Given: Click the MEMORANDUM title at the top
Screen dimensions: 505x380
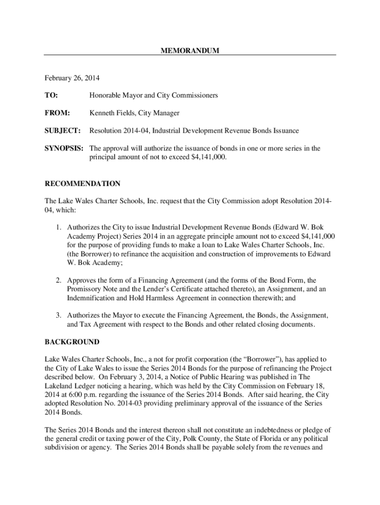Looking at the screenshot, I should pyautogui.click(x=190, y=51).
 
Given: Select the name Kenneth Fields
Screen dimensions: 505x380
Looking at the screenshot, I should pyautogui.click(x=112, y=113).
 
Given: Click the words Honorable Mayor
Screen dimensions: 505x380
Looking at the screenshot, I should pyautogui.click(x=115, y=95).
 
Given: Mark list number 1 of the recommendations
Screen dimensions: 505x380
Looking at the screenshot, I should pyautogui.click(x=58, y=228).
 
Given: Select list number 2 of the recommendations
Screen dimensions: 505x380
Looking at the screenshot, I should pyautogui.click(x=58, y=280).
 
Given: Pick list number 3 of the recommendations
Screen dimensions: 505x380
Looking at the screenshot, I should pyautogui.click(x=58, y=315).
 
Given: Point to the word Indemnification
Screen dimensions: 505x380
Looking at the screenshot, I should pyautogui.click(x=92, y=298).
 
